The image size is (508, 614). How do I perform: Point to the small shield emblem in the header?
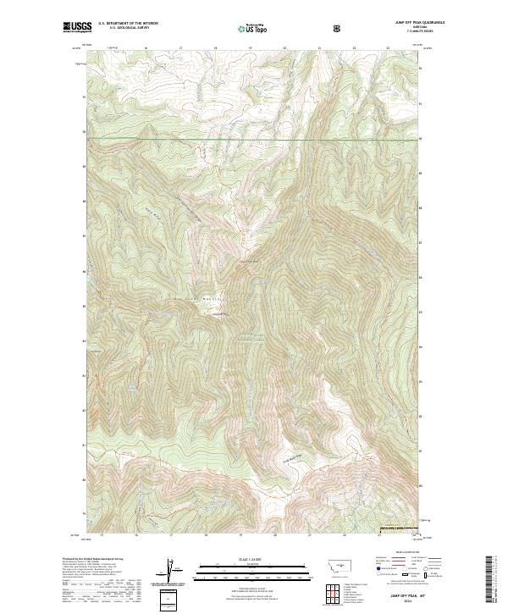[340, 29]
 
